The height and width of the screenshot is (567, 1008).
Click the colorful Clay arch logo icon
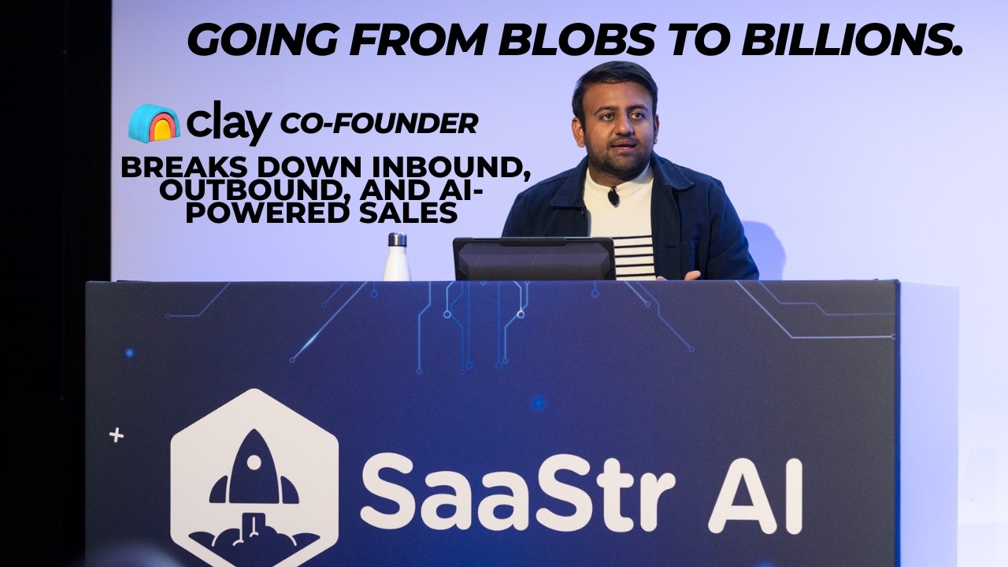(x=154, y=123)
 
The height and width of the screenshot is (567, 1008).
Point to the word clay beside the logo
(x=228, y=124)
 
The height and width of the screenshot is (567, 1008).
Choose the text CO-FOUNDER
(x=379, y=124)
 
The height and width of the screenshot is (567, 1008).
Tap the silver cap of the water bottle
(x=397, y=239)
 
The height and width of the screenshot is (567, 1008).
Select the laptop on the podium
(x=534, y=258)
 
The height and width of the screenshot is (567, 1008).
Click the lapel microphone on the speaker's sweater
(x=613, y=197)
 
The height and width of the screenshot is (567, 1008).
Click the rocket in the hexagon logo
(x=254, y=472)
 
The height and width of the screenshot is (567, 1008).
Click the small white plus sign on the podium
(x=117, y=435)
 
